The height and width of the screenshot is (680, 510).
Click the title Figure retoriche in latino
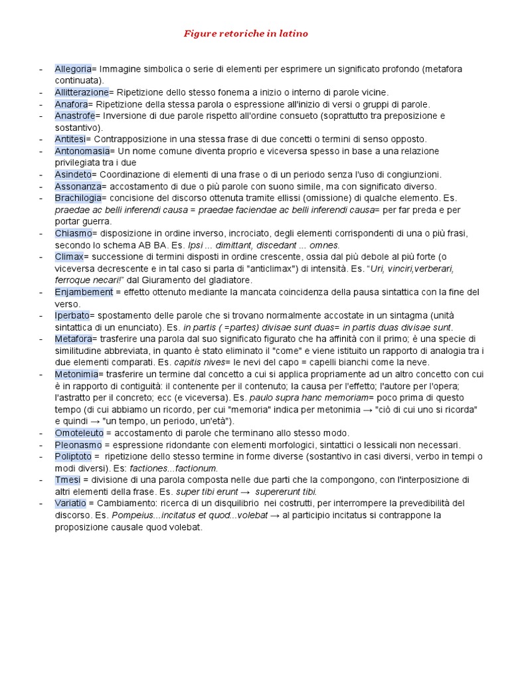246,33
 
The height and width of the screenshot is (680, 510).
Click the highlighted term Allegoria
73,69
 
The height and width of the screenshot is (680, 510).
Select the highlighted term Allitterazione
81,92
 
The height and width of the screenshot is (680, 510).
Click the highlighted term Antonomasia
82,151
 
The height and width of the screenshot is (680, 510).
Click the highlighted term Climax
69,256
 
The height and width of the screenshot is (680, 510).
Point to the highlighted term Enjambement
84,292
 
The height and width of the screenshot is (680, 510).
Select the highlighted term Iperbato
72,315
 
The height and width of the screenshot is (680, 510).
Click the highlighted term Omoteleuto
78,433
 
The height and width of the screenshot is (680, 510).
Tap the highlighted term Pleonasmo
78,444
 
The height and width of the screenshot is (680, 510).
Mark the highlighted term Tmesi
68,479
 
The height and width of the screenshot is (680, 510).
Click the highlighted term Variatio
70,503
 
